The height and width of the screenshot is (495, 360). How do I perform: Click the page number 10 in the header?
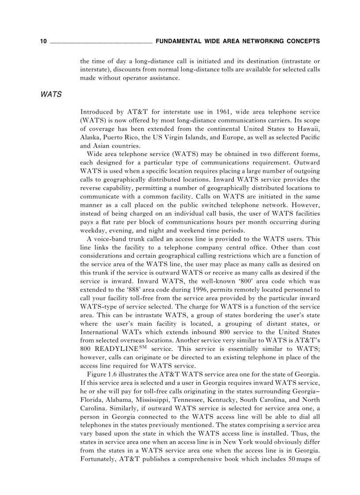tap(43, 41)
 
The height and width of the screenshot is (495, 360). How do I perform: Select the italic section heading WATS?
tap(51, 95)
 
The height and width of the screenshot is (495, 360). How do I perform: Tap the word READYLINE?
tap(116, 349)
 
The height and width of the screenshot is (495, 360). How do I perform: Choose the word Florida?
tap(91, 400)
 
